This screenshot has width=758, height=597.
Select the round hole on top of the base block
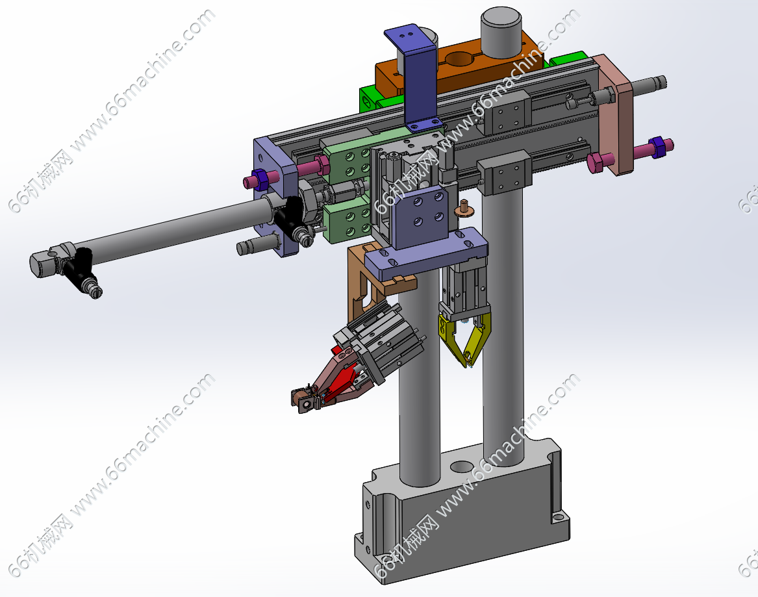point(462,466)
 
